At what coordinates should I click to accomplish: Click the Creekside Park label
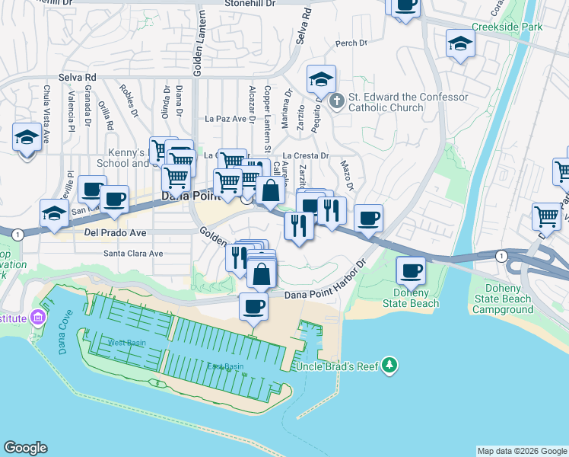(507, 27)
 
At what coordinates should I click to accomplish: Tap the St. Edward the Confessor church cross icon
(339, 99)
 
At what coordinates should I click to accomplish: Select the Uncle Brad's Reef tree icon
(389, 365)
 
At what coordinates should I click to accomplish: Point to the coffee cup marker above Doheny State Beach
(412, 271)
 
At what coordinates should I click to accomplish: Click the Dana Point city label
(189, 197)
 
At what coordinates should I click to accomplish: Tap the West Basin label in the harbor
(127, 343)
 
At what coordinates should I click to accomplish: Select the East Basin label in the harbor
(226, 366)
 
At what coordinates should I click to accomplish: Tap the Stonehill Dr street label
(250, 4)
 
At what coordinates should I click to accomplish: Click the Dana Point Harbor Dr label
(326, 295)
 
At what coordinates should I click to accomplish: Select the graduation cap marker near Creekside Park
(461, 43)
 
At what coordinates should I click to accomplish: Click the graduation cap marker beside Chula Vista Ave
(27, 138)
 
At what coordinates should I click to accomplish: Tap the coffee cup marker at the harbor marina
(254, 308)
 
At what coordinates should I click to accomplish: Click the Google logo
(25, 448)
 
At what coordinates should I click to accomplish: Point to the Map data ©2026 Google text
(521, 451)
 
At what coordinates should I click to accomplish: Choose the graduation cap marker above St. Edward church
(322, 79)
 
